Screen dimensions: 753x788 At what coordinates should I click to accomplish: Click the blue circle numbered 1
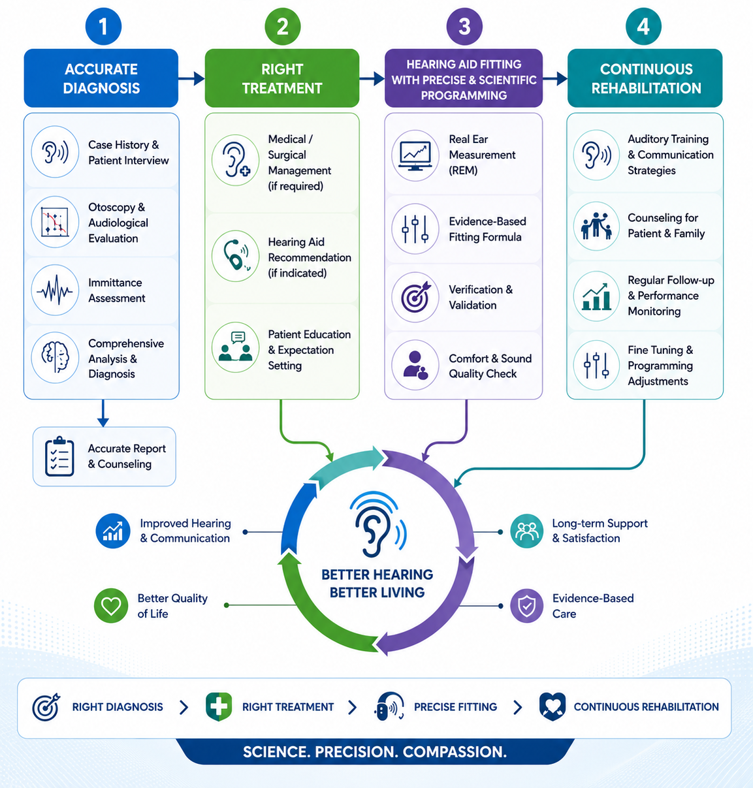click(103, 27)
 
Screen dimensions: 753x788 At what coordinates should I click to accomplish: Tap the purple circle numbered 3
click(464, 27)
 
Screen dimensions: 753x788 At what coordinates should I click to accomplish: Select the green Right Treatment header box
click(282, 78)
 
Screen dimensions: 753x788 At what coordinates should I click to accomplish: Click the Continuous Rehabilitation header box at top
click(645, 78)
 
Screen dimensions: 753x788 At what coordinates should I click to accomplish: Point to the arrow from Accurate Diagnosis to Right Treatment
click(191, 78)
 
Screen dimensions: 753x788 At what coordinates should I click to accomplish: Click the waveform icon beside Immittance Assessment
click(55, 290)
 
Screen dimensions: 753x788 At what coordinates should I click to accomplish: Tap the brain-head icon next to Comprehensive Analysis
click(55, 357)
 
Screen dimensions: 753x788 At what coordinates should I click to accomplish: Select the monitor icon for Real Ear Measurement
click(415, 155)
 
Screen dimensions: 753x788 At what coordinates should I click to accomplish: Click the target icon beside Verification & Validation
click(415, 296)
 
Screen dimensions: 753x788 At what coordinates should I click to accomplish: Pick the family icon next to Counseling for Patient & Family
click(596, 225)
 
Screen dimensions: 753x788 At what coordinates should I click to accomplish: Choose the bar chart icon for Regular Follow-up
click(596, 296)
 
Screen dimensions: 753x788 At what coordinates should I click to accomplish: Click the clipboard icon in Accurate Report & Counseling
click(59, 456)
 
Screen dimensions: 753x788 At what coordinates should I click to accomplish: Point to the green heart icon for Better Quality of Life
click(111, 605)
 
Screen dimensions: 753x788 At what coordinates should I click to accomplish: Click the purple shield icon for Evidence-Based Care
click(526, 606)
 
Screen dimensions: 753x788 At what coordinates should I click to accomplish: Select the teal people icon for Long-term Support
click(526, 531)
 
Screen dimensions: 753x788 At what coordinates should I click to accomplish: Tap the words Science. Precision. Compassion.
click(375, 752)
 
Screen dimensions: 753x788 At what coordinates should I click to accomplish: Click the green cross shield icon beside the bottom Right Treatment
click(219, 706)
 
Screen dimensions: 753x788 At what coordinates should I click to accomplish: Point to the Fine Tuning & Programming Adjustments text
click(661, 365)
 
